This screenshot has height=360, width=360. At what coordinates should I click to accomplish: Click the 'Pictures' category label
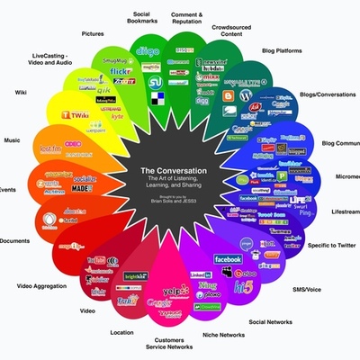click(x=93, y=34)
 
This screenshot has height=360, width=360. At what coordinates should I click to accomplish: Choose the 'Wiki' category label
click(x=21, y=92)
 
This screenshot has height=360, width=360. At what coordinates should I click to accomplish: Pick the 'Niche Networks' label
click(x=226, y=335)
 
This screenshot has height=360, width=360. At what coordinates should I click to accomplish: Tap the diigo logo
click(x=149, y=51)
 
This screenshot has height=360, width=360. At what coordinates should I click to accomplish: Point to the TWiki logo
click(x=75, y=115)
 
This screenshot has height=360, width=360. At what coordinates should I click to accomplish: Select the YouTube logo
click(x=98, y=262)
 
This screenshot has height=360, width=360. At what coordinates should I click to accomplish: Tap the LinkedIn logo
click(x=200, y=274)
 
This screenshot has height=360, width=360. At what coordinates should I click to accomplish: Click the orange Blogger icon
click(x=242, y=95)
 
